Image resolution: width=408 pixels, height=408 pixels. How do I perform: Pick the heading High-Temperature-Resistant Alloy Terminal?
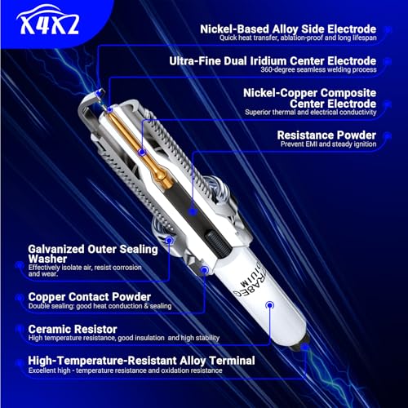point(142,360)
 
